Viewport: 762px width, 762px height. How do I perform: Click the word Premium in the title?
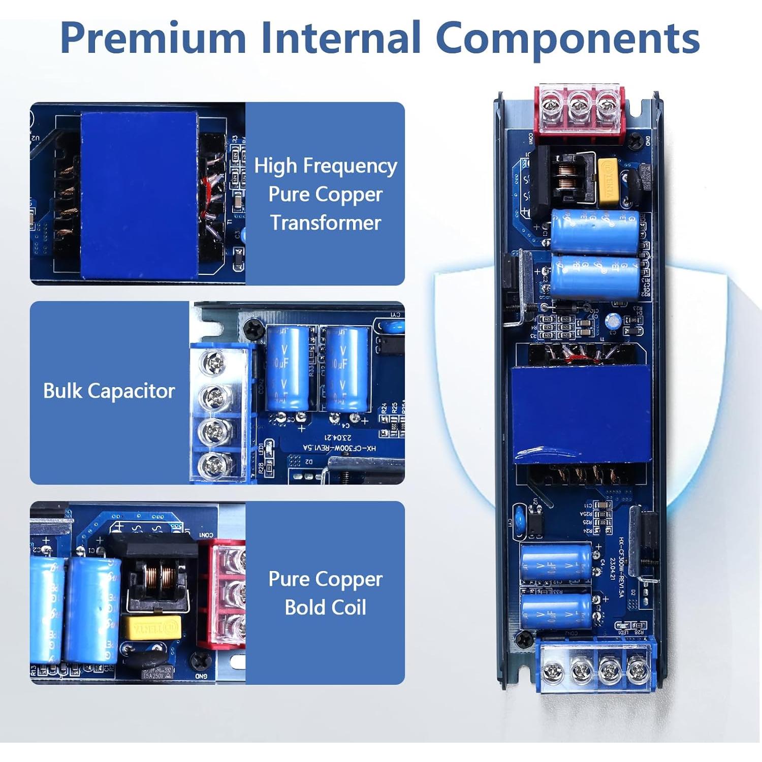coord(153,38)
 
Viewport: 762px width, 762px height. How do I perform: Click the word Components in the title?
coord(567,38)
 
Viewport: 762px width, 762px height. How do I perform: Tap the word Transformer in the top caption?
coord(325,223)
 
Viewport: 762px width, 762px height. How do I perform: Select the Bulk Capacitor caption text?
coord(109,391)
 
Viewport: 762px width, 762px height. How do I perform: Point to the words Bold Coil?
coord(325,607)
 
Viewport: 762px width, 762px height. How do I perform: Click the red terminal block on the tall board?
coord(579,112)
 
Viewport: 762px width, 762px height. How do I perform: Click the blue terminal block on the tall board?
coord(595,665)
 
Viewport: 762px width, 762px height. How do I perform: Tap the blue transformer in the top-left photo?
coord(139,194)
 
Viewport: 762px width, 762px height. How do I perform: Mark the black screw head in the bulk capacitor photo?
coord(253,330)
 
